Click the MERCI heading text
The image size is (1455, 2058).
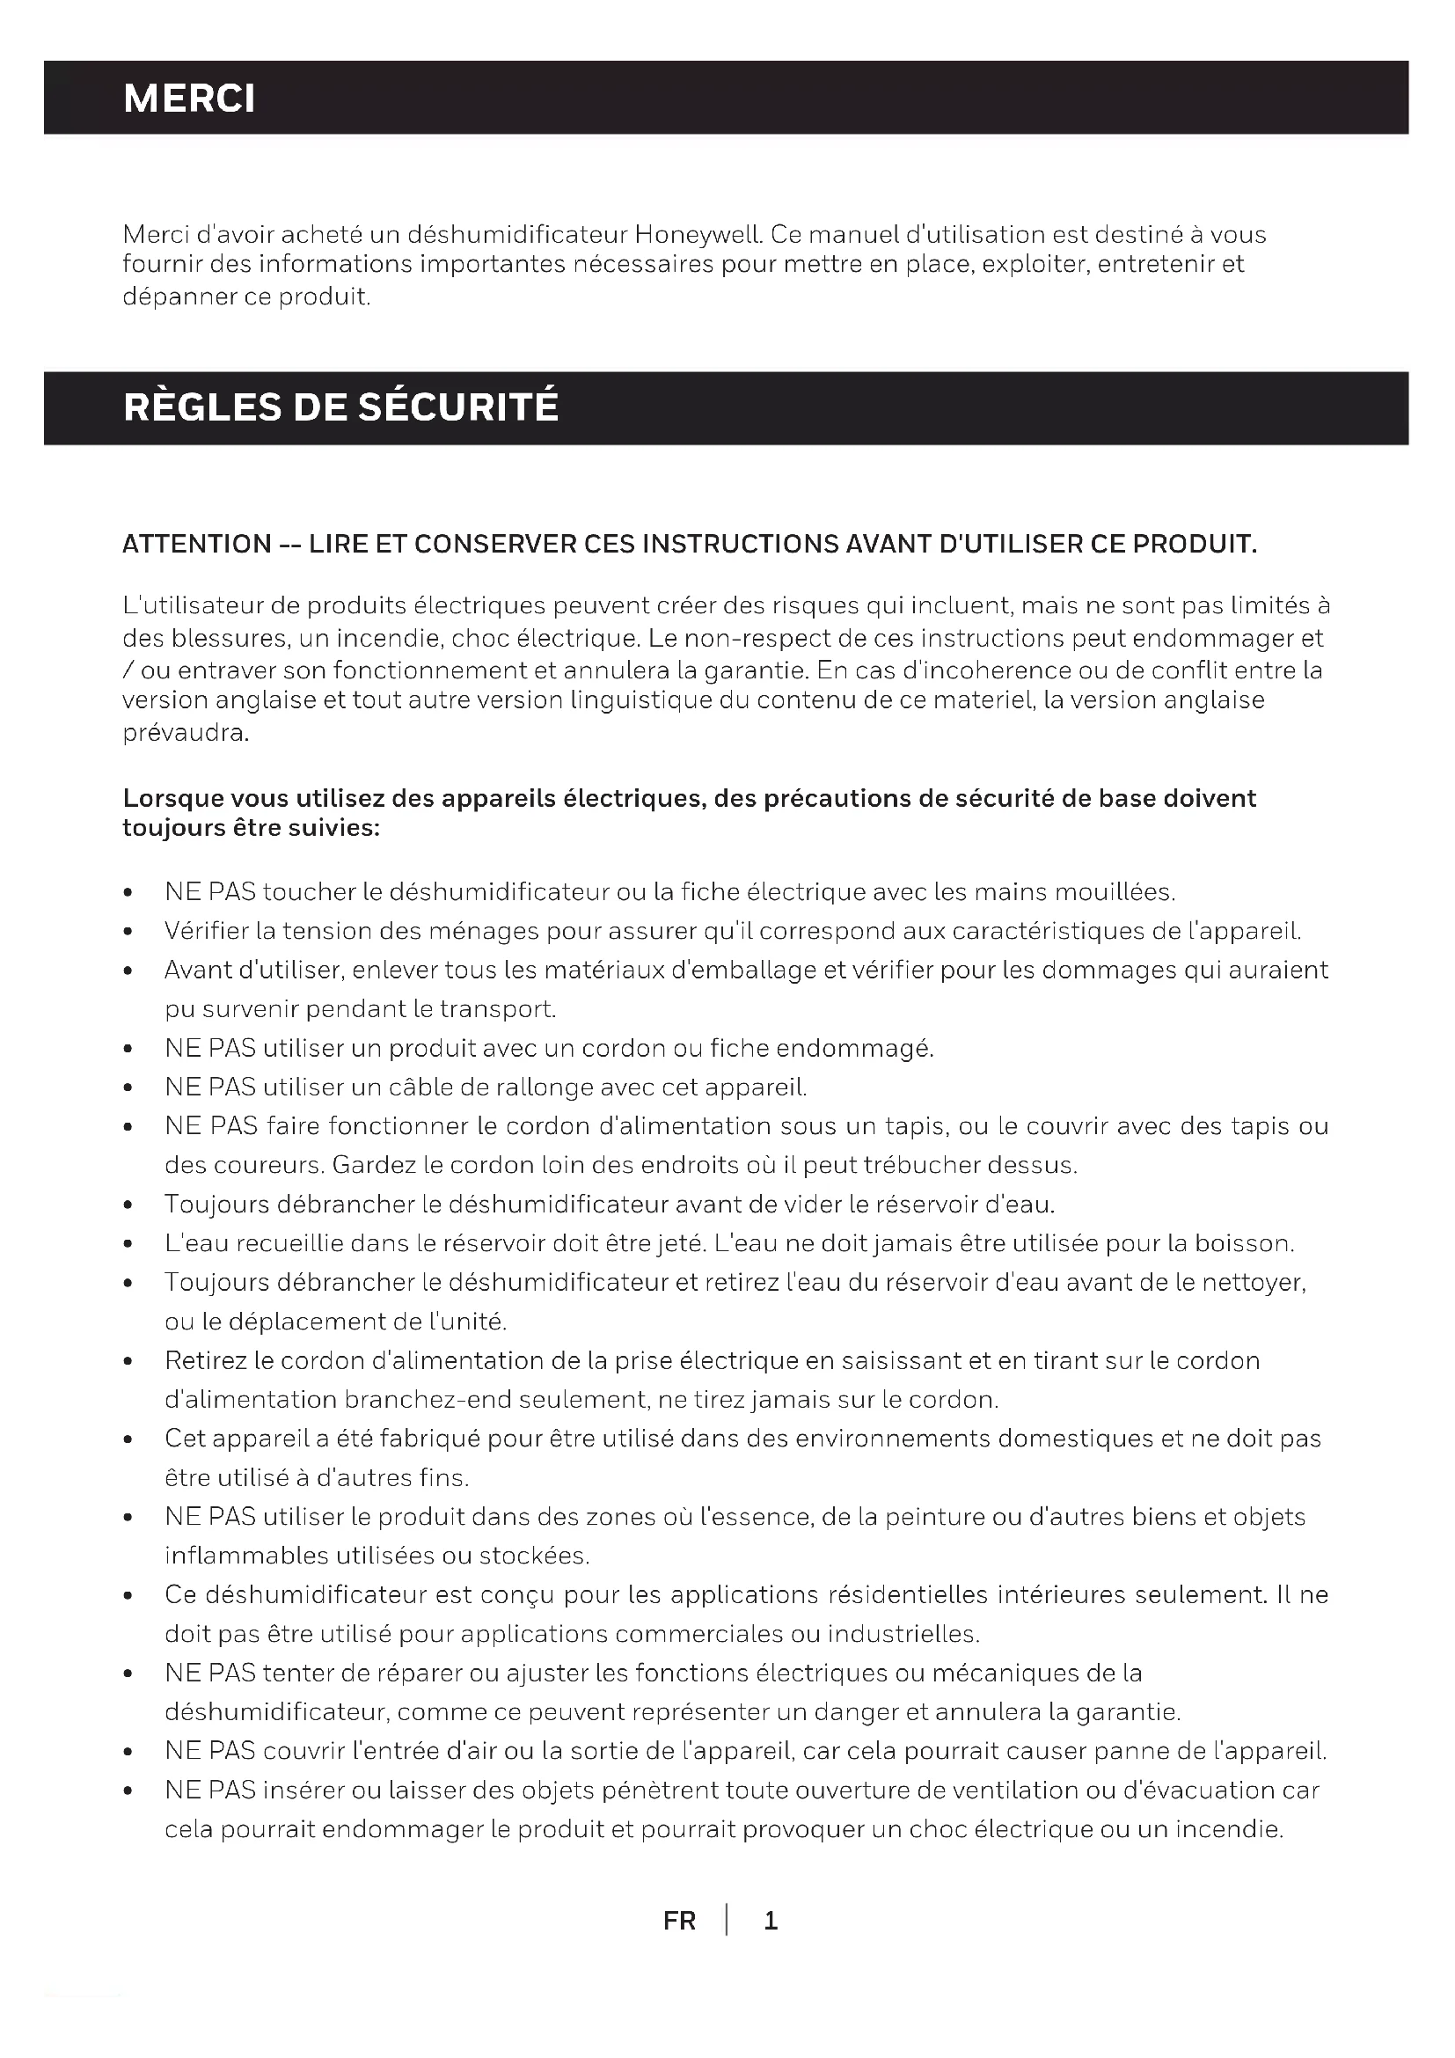pos(189,98)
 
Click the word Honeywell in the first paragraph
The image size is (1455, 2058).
pos(697,235)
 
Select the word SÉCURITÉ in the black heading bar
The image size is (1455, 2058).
pos(457,407)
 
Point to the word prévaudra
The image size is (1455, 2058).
pos(186,733)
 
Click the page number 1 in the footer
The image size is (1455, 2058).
pos(771,1921)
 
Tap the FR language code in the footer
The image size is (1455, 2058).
pos(679,1921)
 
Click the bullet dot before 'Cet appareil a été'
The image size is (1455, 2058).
pos(129,1439)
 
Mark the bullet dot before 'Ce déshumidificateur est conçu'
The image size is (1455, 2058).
pos(129,1596)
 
